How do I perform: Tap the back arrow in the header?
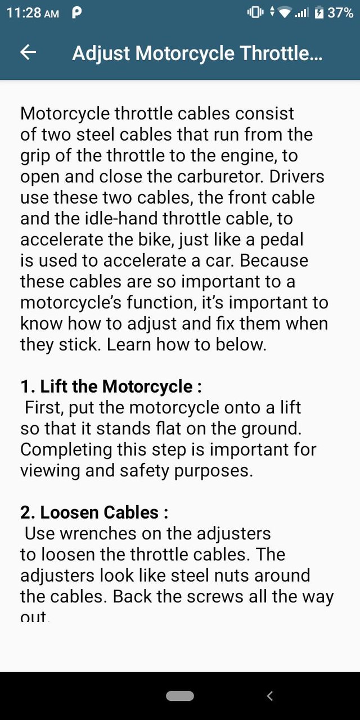pyautogui.click(x=28, y=52)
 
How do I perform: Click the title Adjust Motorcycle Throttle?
pyautogui.click(x=197, y=53)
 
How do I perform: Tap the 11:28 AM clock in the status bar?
pyautogui.click(x=32, y=13)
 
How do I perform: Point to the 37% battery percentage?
pyautogui.click(x=340, y=13)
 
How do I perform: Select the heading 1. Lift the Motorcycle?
pyautogui.click(x=111, y=386)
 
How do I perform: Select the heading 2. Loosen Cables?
pyautogui.click(x=94, y=512)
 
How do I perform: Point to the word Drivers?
pyautogui.click(x=296, y=177)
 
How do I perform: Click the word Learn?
pyautogui.click(x=129, y=344)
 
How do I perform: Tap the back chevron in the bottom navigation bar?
pyautogui.click(x=269, y=696)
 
